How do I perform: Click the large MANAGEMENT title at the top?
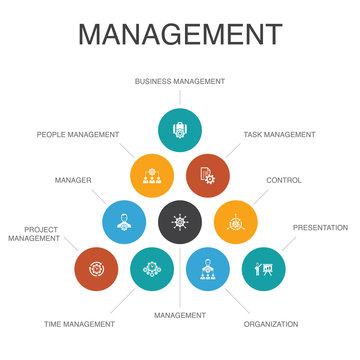coord(180,36)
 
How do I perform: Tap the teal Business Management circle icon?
coord(181,128)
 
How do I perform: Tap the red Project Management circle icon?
coord(97,269)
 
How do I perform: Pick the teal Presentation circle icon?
coord(264,269)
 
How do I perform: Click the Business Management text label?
coord(180,81)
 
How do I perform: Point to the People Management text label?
coord(78,134)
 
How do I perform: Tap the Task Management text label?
coord(279,134)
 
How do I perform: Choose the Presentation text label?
coord(320,227)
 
